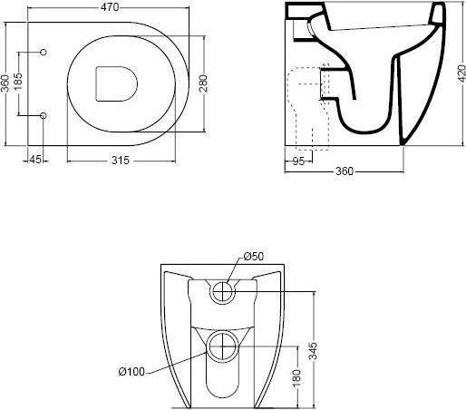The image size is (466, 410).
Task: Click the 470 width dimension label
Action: [110, 7]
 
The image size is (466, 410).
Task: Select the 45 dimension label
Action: [35, 160]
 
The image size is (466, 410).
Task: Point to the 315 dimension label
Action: [121, 161]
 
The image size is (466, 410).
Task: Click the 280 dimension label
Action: [203, 83]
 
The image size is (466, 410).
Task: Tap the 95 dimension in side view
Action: [298, 161]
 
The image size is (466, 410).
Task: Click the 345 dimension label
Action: [314, 351]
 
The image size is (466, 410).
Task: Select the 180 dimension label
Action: [296, 377]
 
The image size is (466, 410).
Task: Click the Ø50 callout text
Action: [254, 257]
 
